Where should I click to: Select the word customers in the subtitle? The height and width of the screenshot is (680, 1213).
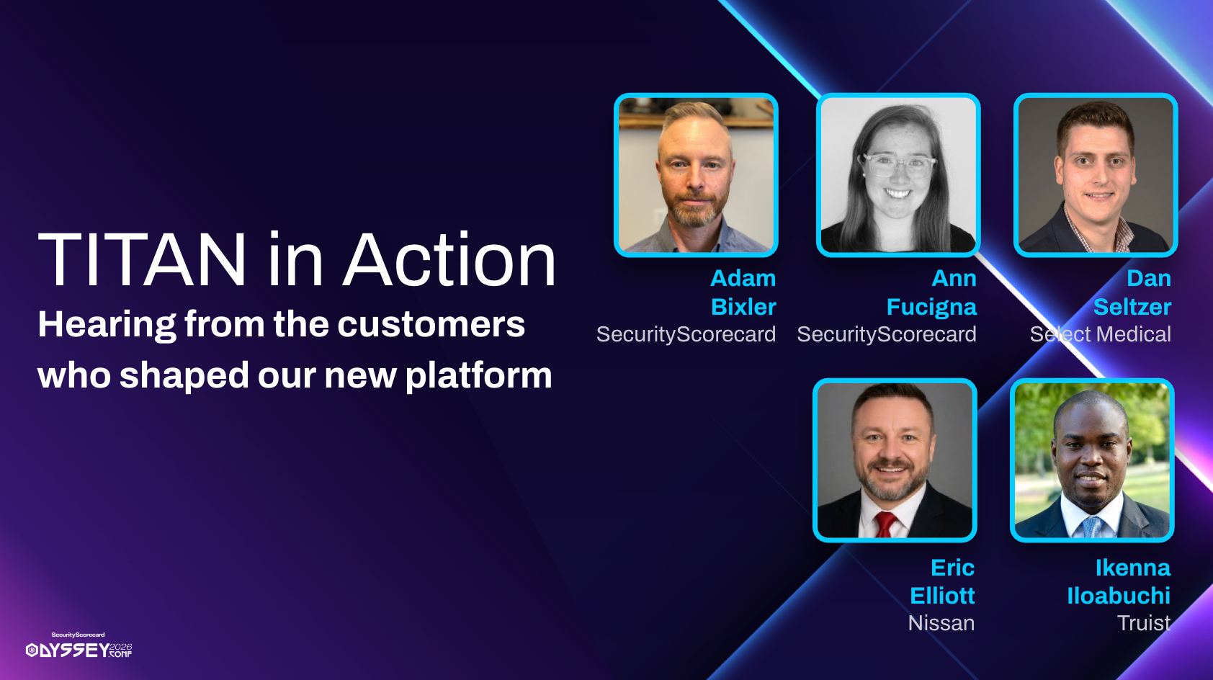(431, 324)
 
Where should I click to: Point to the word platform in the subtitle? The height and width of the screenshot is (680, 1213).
(479, 376)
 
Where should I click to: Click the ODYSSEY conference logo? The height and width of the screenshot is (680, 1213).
(79, 645)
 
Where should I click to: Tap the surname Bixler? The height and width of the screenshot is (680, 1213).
(743, 307)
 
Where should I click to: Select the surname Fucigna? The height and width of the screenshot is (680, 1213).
(931, 308)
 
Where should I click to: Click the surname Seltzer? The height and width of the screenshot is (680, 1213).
(1132, 307)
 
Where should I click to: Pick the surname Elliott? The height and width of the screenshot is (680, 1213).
(942, 596)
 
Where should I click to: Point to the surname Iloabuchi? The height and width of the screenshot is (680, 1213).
(1119, 596)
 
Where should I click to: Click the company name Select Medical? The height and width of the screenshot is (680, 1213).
(1101, 334)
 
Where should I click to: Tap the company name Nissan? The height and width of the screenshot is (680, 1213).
(941, 623)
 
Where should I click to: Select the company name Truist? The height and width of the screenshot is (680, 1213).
(1144, 623)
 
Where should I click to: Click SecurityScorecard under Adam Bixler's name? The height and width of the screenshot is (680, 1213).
(686, 334)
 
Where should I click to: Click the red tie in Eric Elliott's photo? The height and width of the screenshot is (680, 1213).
(885, 524)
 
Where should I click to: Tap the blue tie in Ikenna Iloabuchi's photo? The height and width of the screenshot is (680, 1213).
(1091, 527)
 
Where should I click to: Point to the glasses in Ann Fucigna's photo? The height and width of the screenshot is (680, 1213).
(898, 165)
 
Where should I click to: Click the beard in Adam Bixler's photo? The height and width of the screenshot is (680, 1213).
(695, 208)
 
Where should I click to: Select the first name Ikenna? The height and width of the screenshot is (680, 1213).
(1133, 568)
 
